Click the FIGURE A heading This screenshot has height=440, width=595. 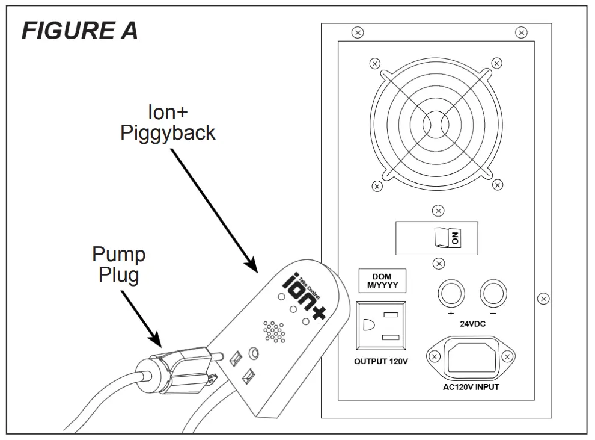[79, 31]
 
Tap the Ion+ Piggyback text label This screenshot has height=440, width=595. [168, 122]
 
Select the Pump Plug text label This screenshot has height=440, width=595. [118, 265]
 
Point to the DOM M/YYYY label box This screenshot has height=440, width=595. [382, 280]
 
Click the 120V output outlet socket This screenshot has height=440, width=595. [382, 326]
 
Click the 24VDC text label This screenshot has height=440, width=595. [472, 323]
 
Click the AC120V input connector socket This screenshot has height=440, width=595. [471, 359]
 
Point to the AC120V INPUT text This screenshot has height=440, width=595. [471, 388]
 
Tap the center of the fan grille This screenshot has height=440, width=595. [436, 124]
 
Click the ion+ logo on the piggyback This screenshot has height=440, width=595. [304, 295]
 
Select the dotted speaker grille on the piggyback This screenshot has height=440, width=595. [274, 330]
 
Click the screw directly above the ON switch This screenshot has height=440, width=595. [438, 211]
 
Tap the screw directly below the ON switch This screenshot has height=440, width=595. [439, 264]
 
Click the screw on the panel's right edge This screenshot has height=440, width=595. [543, 297]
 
